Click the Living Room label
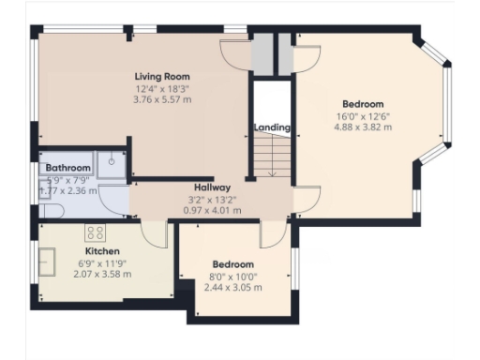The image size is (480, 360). [162, 77]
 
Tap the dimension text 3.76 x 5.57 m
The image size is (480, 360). [162, 98]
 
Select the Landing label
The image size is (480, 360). [272, 127]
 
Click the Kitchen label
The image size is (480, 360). [102, 252]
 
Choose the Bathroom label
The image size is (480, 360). [67, 168]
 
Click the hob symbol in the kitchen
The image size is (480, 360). [96, 232]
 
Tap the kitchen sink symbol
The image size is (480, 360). [49, 258]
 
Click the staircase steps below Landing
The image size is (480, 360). [271, 154]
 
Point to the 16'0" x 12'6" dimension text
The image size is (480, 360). [362, 115]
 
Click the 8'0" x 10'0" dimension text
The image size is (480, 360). [232, 277]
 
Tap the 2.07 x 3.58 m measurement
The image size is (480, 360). [102, 274]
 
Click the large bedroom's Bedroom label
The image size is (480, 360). [362, 103]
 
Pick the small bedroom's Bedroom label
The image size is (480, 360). [232, 264]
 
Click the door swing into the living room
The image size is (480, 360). [232, 55]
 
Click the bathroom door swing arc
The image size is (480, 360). [114, 199]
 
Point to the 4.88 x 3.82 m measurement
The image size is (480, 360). [362, 127]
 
